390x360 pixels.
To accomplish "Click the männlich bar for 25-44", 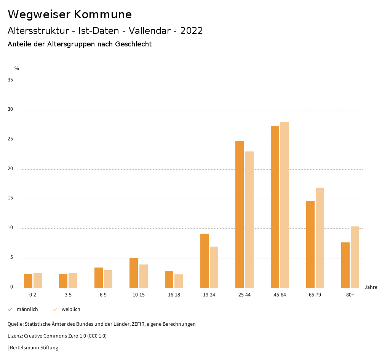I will tap(240, 214).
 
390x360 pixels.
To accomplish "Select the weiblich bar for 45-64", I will tap(285, 205).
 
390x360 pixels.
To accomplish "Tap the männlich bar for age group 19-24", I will tap(205, 261).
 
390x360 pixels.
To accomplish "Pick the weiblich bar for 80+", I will tap(355, 257).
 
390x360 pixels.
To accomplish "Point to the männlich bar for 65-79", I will tap(310, 244).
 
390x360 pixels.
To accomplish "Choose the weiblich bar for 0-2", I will tap(38, 280).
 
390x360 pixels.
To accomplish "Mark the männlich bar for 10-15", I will tap(134, 273).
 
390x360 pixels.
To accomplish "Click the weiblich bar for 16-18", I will tap(179, 281).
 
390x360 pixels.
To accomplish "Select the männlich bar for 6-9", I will tap(99, 277).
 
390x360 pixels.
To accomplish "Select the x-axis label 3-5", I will tap(68, 295).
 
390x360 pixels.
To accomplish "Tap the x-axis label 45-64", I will tap(280, 295).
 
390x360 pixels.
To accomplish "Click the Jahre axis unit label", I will tap(371, 287).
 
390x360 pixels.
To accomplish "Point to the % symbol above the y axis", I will tap(17, 68).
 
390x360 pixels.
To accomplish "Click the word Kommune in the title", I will tap(103, 14).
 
